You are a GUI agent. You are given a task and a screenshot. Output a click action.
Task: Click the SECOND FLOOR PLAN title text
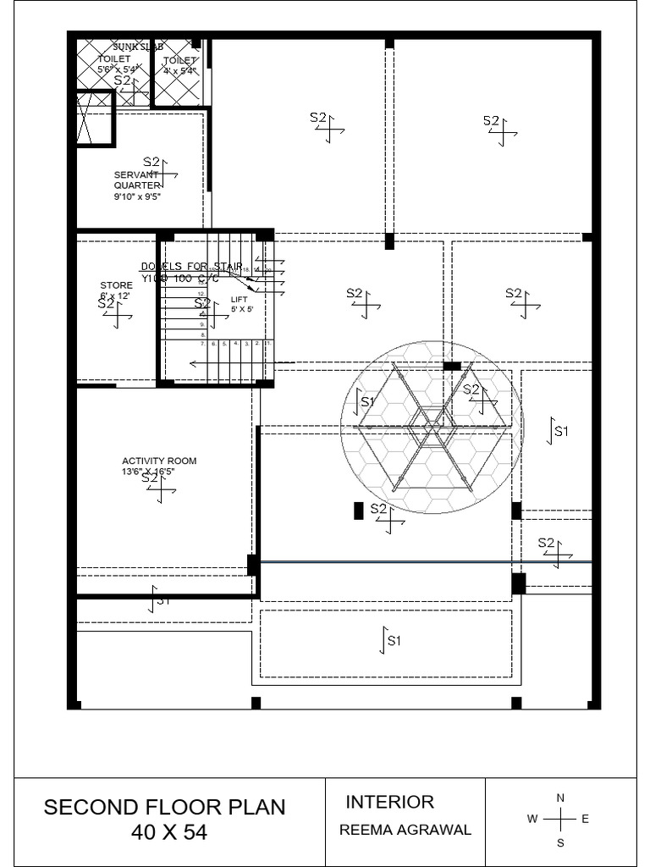164,807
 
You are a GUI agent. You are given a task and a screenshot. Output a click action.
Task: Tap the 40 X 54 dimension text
169,832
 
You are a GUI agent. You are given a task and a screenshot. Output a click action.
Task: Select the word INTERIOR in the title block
389,802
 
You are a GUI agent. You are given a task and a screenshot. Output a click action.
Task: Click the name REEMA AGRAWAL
405,830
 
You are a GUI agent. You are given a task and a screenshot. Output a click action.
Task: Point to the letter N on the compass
560,798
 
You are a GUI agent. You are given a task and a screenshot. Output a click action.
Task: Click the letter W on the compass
532,819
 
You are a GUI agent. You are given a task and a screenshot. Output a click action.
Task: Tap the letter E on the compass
586,819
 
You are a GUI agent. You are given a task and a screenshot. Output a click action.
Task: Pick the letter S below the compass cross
560,843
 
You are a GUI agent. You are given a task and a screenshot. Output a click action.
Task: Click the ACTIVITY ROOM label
159,461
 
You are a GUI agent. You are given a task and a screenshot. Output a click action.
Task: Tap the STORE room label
116,285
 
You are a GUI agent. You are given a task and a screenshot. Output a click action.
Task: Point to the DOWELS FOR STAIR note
191,267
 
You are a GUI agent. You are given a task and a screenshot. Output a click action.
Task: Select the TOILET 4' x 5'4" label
179,65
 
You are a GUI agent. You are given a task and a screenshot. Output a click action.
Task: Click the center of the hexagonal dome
432,427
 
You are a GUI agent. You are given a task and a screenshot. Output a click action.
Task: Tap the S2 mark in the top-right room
492,121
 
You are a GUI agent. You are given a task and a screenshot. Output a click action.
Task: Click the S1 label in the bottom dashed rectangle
394,640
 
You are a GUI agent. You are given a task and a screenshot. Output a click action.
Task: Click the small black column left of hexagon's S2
358,511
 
